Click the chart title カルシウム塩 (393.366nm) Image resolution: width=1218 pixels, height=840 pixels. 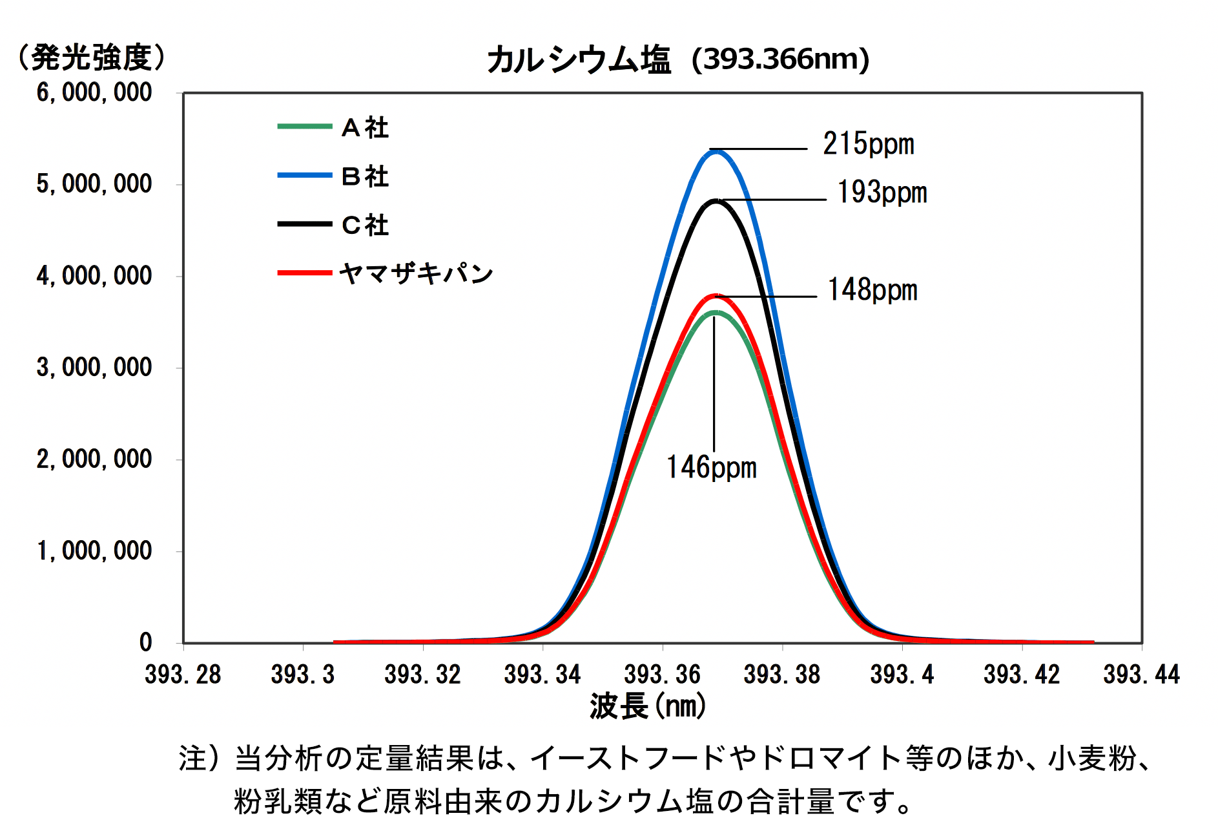point(678,59)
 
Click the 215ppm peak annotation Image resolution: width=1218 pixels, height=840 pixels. point(869,144)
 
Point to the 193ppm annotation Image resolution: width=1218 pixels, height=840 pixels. point(882,193)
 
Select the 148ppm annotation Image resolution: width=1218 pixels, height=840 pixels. point(872,290)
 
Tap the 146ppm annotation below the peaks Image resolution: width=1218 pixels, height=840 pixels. point(711,467)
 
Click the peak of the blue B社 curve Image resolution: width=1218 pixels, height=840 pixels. point(716,151)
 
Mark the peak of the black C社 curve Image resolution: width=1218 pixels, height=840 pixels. point(716,201)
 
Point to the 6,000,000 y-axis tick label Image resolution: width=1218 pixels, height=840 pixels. point(94,93)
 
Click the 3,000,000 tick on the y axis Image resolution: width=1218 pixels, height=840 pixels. point(94,368)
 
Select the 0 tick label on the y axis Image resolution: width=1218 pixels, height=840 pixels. point(146,642)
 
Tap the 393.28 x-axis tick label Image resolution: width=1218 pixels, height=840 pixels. point(183,675)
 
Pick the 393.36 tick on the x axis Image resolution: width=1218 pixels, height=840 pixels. point(662,675)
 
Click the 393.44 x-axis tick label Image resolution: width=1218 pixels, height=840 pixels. point(1141,675)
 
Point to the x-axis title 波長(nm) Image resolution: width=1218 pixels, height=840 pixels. point(648,706)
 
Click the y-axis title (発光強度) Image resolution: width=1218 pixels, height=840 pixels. point(92,58)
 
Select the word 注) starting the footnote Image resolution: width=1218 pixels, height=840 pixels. point(200,758)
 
